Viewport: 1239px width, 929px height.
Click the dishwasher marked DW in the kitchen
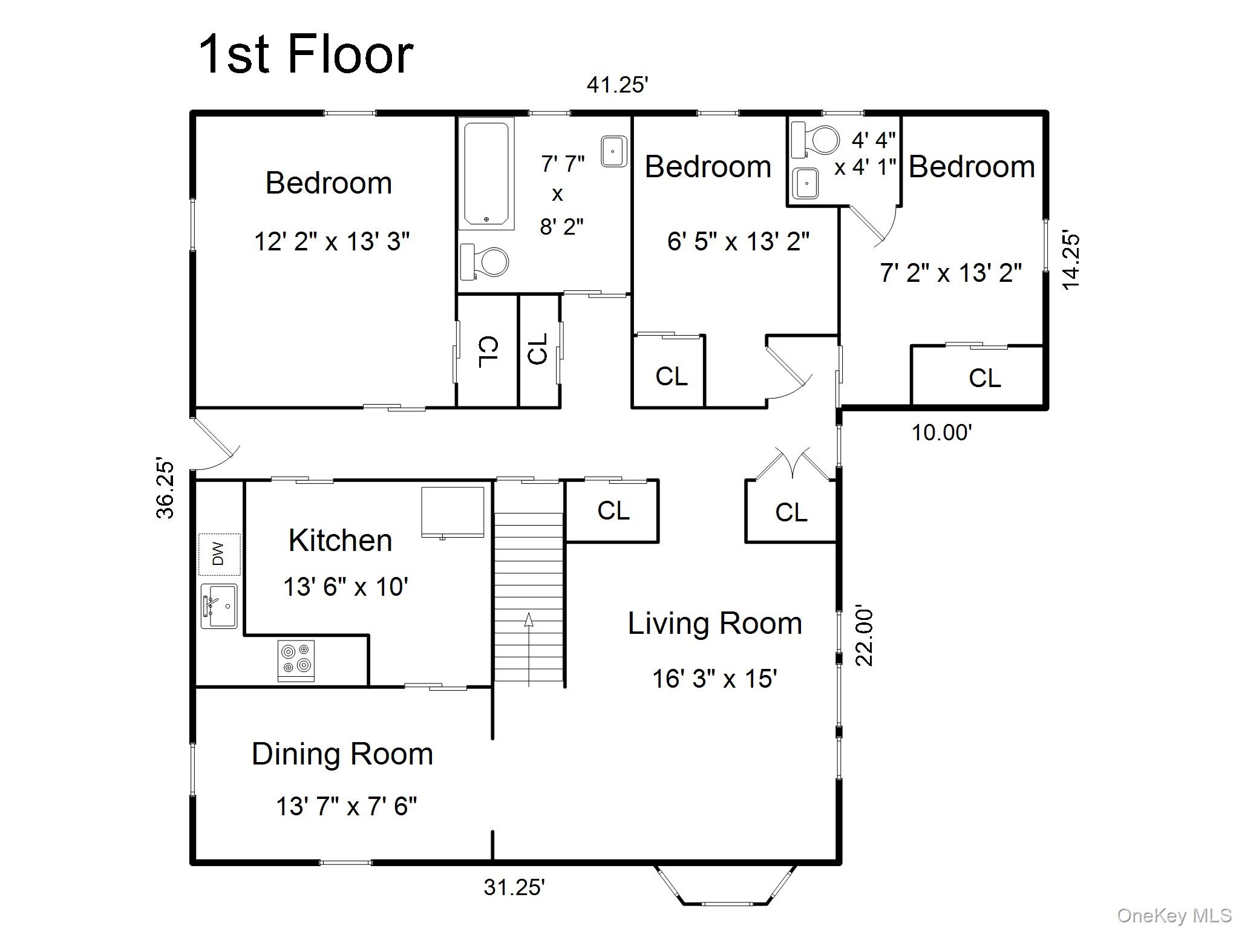point(220,554)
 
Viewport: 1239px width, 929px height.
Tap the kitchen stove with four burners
point(296,660)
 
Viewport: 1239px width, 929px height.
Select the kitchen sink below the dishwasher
point(219,606)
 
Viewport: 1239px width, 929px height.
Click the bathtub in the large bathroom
point(486,174)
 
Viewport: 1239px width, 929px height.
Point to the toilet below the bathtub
point(484,262)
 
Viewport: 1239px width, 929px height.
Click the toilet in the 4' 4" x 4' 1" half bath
point(816,140)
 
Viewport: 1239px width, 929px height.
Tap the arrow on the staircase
point(529,650)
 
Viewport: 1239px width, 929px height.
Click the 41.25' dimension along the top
point(617,85)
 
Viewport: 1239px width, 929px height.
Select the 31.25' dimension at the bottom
point(514,887)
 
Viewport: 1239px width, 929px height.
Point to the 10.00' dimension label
point(942,432)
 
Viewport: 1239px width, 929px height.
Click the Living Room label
point(715,624)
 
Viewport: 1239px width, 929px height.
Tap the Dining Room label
point(342,754)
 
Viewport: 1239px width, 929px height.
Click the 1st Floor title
point(306,54)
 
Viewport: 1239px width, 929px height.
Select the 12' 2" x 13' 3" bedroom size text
point(332,242)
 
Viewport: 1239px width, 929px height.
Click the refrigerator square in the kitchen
point(453,512)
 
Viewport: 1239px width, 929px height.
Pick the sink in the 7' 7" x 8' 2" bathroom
point(613,151)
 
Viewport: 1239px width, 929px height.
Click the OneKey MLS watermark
point(1174,915)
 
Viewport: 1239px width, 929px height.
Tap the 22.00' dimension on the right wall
point(865,637)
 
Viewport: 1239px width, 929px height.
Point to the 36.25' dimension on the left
point(165,489)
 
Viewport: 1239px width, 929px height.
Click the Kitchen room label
point(341,540)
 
